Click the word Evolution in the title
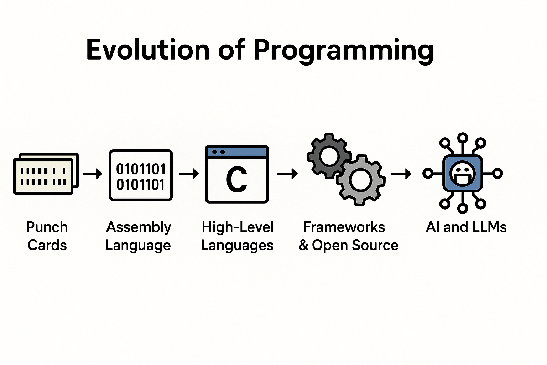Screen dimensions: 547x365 [x=148, y=50]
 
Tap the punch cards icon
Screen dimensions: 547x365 [x=46, y=174]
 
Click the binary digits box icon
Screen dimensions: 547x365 [x=141, y=175]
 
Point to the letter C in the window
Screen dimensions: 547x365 [x=236, y=180]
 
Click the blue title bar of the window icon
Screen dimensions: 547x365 [x=236, y=152]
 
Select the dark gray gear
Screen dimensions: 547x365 [x=329, y=156]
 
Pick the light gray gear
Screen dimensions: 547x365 [x=361, y=180]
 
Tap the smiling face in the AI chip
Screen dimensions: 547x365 [x=463, y=173]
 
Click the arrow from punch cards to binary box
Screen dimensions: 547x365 [x=93, y=174]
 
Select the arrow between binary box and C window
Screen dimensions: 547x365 [x=189, y=174]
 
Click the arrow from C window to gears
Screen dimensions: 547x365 [x=287, y=174]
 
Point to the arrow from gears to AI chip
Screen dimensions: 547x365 [x=401, y=174]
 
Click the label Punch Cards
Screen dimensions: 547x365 [x=47, y=236]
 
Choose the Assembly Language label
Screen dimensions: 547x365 [x=138, y=236]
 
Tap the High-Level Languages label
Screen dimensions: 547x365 [x=237, y=236]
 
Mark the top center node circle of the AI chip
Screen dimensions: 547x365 [x=463, y=138]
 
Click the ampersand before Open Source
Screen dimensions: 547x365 [x=303, y=245]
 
